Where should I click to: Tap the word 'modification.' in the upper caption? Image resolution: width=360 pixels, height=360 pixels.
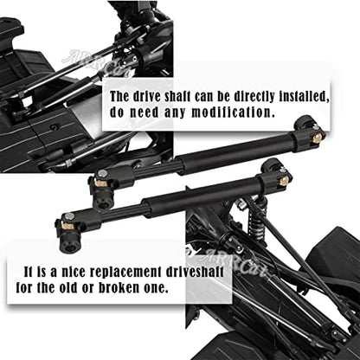click(233, 112)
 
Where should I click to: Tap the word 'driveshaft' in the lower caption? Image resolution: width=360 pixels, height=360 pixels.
click(195, 272)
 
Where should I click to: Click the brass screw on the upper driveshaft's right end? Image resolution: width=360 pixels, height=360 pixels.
click(317, 138)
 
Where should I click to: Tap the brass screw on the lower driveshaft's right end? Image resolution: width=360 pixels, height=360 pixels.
click(284, 181)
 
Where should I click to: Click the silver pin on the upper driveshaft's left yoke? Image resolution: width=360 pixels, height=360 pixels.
click(102, 173)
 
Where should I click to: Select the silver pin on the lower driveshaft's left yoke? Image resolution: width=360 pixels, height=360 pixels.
click(69, 216)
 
